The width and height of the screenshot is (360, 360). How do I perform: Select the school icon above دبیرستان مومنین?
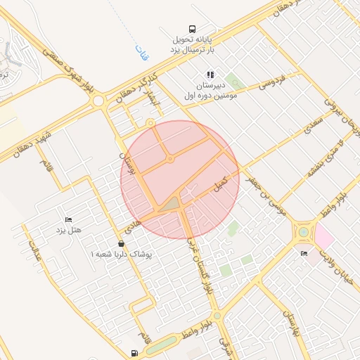(x=210, y=75)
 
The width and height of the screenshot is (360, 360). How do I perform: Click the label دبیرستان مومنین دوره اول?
(x=210, y=89)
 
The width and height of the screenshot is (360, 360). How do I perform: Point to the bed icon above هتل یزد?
(x=68, y=219)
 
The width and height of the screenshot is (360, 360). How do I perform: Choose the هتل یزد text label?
(x=69, y=231)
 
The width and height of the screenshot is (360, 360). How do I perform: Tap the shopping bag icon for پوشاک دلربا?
(x=122, y=244)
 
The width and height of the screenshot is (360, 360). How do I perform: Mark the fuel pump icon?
(x=134, y=352)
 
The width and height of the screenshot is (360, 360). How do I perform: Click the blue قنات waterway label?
(x=139, y=51)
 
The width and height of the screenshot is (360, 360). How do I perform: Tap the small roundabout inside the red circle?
(x=170, y=159)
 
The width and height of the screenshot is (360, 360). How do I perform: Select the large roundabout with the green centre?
(x=304, y=231)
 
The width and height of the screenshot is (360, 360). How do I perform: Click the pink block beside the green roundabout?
(x=324, y=236)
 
